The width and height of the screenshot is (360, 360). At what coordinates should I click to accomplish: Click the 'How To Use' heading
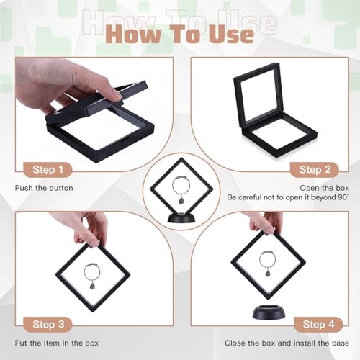click(x=180, y=34)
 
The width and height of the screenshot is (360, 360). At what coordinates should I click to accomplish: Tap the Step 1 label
click(x=51, y=170)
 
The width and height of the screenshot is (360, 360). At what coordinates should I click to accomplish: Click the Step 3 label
click(x=51, y=323)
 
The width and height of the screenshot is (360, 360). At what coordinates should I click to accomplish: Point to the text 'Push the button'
click(x=44, y=188)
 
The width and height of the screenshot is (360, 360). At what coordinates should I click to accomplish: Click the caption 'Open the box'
click(x=322, y=188)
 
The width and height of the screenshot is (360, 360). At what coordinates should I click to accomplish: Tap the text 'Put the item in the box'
click(x=58, y=343)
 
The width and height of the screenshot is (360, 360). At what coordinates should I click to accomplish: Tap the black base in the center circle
click(x=180, y=215)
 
